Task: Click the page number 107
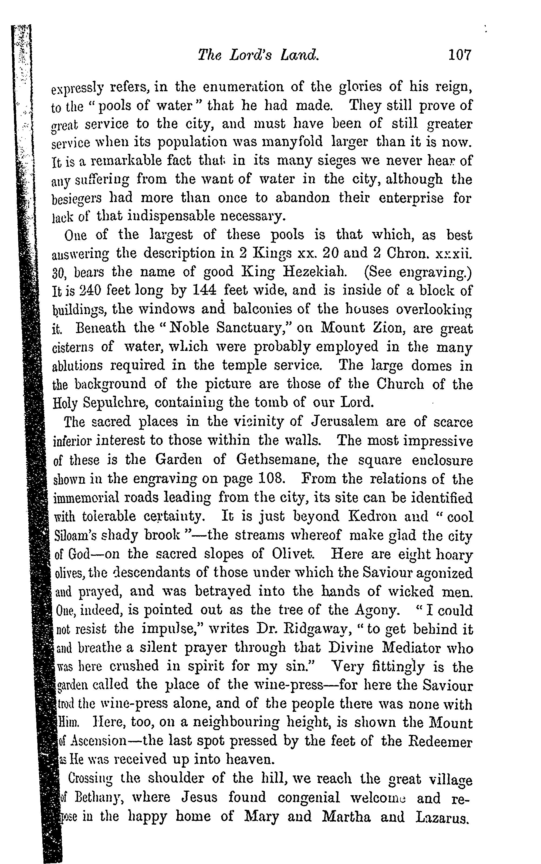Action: [460, 55]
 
